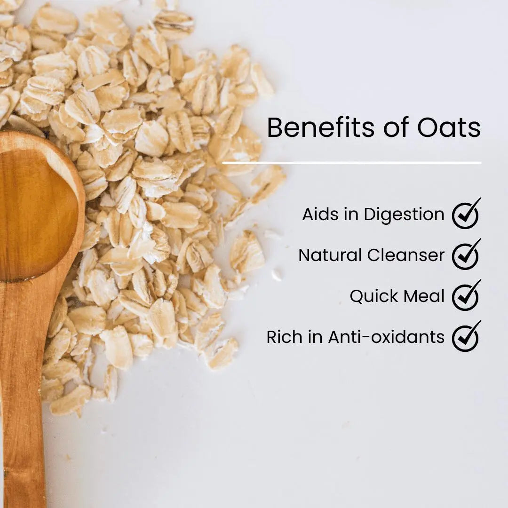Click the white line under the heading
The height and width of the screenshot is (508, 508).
[351, 163]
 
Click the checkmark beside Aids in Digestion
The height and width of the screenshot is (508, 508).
[466, 214]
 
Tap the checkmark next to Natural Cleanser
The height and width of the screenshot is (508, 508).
[466, 255]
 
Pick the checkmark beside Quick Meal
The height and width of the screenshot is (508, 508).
[466, 296]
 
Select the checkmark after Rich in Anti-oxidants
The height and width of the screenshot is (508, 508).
[466, 337]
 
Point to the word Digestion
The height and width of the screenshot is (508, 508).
[404, 215]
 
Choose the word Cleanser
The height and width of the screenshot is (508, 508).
[406, 255]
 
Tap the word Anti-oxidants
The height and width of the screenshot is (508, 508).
[386, 337]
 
